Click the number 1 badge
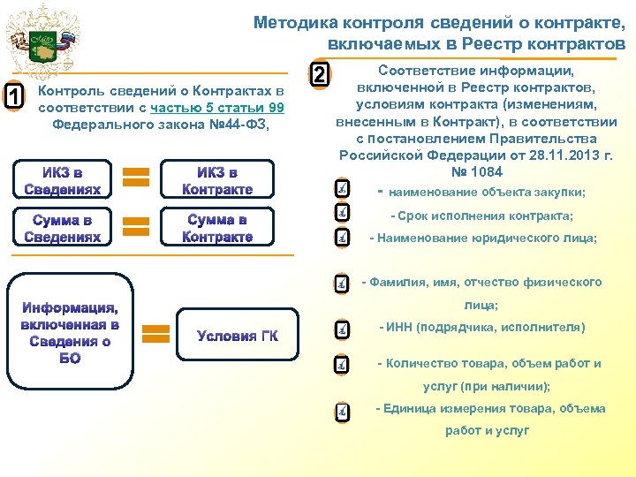click(x=15, y=96)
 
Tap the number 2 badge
click(x=322, y=75)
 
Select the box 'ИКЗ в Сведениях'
click(x=62, y=181)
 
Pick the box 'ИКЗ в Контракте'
click(x=217, y=181)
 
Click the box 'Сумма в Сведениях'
click(x=62, y=228)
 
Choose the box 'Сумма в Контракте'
click(x=217, y=228)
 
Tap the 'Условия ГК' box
click(x=237, y=336)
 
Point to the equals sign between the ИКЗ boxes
click(x=134, y=177)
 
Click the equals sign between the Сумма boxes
click(x=134, y=225)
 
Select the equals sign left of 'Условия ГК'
click(x=156, y=334)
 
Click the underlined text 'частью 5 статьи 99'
click(x=217, y=108)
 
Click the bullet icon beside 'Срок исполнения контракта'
click(x=342, y=214)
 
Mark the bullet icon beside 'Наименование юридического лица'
click(x=342, y=238)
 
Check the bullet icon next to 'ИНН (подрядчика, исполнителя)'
click(x=342, y=330)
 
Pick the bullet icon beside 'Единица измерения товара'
click(x=342, y=413)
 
